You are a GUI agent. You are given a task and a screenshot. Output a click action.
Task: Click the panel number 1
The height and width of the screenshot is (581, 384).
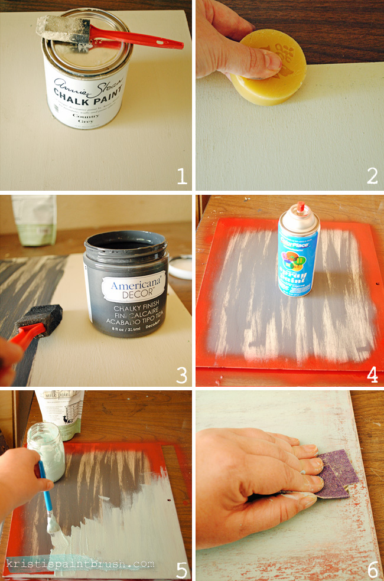[x=181, y=176]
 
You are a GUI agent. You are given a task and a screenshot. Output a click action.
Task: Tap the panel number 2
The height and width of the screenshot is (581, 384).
[x=372, y=176]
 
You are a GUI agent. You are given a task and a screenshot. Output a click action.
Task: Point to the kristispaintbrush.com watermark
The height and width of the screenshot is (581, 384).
[x=80, y=563]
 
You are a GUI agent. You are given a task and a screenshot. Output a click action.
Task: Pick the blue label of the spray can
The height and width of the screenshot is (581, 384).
[x=298, y=260]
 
